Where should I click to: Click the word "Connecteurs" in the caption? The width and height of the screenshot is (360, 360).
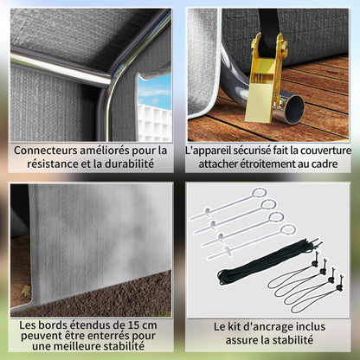coord(45,151)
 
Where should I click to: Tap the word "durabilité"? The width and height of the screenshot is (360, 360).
coord(129,164)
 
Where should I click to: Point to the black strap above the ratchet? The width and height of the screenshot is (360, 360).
coord(268,23)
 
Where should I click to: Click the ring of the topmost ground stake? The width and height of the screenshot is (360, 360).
coord(260,193)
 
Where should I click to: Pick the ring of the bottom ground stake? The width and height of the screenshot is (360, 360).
coord(288,229)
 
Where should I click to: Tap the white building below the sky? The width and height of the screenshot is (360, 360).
coord(154,123)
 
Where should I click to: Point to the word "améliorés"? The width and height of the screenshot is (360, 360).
coord(105,151)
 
